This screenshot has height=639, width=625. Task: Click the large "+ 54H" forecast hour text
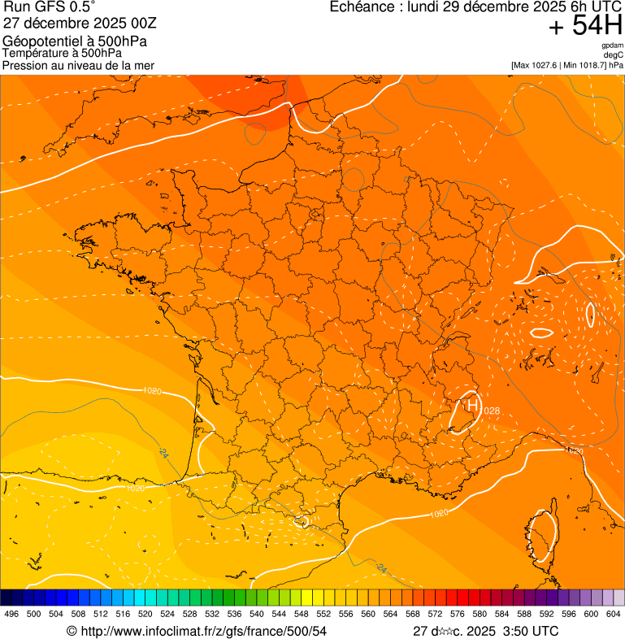[585, 27]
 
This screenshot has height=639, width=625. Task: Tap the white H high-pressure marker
[471, 404]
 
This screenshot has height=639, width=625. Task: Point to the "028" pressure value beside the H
[492, 411]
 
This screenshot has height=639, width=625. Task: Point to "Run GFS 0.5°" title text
[50, 7]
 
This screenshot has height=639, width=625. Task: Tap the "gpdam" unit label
[612, 46]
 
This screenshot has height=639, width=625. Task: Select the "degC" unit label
[614, 55]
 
